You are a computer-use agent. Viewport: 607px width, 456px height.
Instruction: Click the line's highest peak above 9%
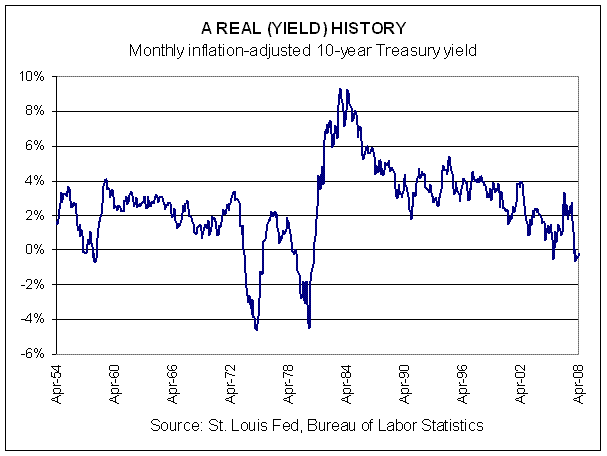340,90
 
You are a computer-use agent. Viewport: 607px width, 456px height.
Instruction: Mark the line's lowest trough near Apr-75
257,329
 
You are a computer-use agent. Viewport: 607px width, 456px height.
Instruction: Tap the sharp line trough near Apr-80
310,326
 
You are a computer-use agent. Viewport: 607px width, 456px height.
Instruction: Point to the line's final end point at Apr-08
579,255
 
